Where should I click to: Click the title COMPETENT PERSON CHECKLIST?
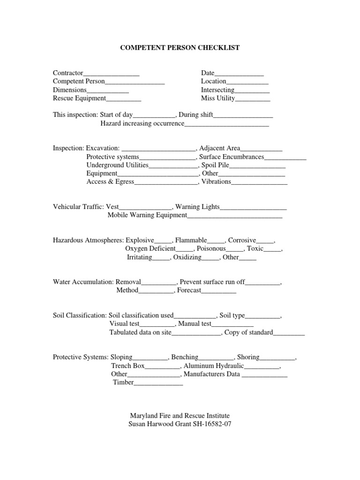pos(180,48)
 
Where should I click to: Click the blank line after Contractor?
pos(111,74)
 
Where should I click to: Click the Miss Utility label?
pos(218,98)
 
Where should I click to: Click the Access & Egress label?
pos(110,181)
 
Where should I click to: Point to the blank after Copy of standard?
pos(289,334)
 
